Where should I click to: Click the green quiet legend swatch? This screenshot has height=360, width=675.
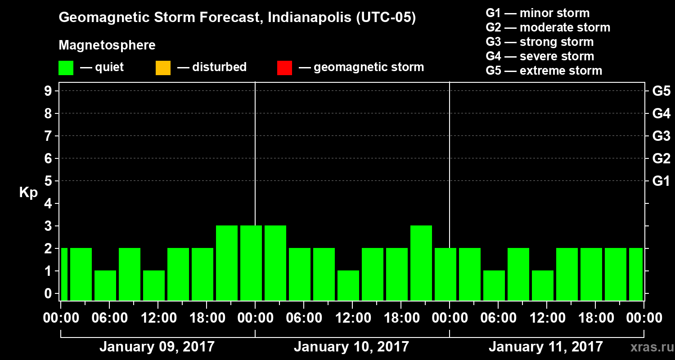tap(66, 68)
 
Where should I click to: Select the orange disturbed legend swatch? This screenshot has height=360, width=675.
tap(163, 68)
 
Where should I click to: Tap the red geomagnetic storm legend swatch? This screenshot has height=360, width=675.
tap(284, 68)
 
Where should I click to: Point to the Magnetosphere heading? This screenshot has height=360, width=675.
tap(107, 45)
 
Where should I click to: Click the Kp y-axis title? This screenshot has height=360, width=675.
tap(28, 192)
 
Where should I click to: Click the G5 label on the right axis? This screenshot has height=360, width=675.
tap(661, 91)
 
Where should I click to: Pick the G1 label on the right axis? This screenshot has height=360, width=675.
tap(661, 181)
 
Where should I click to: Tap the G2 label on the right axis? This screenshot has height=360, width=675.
tap(661, 158)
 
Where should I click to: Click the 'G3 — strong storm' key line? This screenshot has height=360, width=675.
tap(540, 42)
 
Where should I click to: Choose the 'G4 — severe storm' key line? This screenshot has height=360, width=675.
tap(540, 56)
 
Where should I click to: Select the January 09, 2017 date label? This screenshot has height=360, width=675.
tap(157, 347)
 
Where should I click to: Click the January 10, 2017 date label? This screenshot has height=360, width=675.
tap(351, 347)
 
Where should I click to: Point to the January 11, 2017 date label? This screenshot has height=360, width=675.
tap(545, 347)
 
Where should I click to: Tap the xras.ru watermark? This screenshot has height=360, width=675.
tap(648, 347)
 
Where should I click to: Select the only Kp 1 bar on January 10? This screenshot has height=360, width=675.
tap(348, 285)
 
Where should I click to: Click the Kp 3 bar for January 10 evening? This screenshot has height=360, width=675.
tap(421, 263)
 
